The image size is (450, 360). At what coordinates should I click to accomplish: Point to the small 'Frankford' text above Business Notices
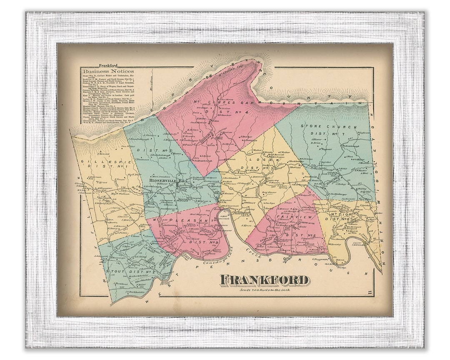108,65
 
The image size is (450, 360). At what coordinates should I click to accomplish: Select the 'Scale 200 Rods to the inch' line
264,290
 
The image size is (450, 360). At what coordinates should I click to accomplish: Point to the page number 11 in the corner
370,295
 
